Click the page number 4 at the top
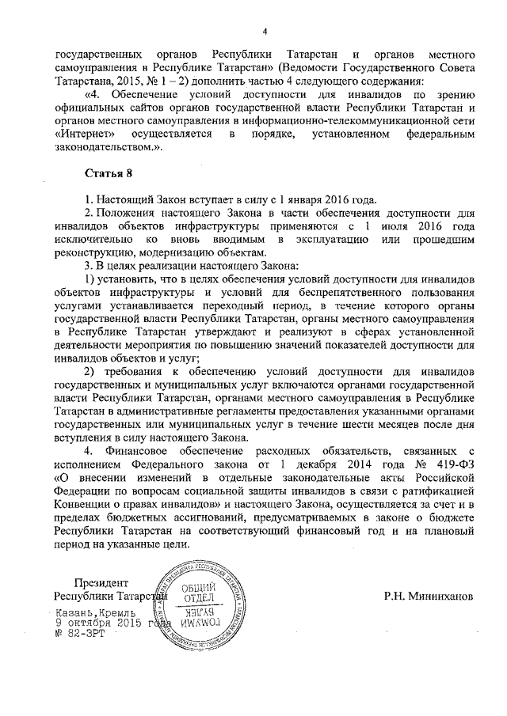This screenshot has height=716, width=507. [x=265, y=31]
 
